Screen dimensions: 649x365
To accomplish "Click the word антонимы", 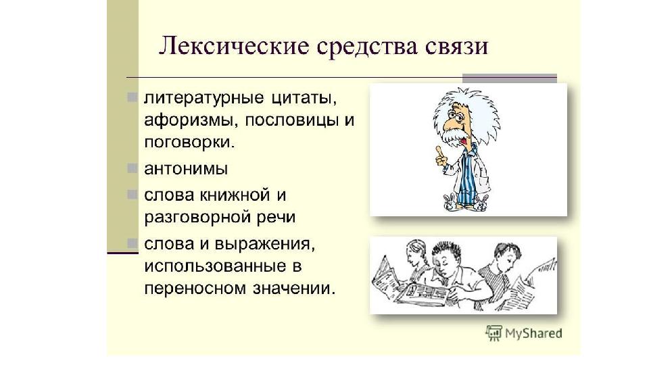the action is pyautogui.click(x=186, y=169).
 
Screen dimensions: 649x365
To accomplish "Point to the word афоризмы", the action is pyautogui.click(x=191, y=120).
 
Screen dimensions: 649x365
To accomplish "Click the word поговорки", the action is pyautogui.click(x=189, y=143).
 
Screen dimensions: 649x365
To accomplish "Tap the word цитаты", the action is pyautogui.click(x=304, y=99).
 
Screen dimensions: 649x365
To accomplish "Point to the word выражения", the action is pyautogui.click(x=264, y=244).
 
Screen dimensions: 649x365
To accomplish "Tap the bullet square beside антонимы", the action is pyautogui.click(x=132, y=168).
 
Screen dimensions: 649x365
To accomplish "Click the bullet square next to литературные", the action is pyautogui.click(x=132, y=97).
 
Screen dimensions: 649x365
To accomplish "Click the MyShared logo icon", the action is pyautogui.click(x=494, y=333).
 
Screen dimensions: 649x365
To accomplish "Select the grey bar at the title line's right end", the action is pyautogui.click(x=510, y=78).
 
